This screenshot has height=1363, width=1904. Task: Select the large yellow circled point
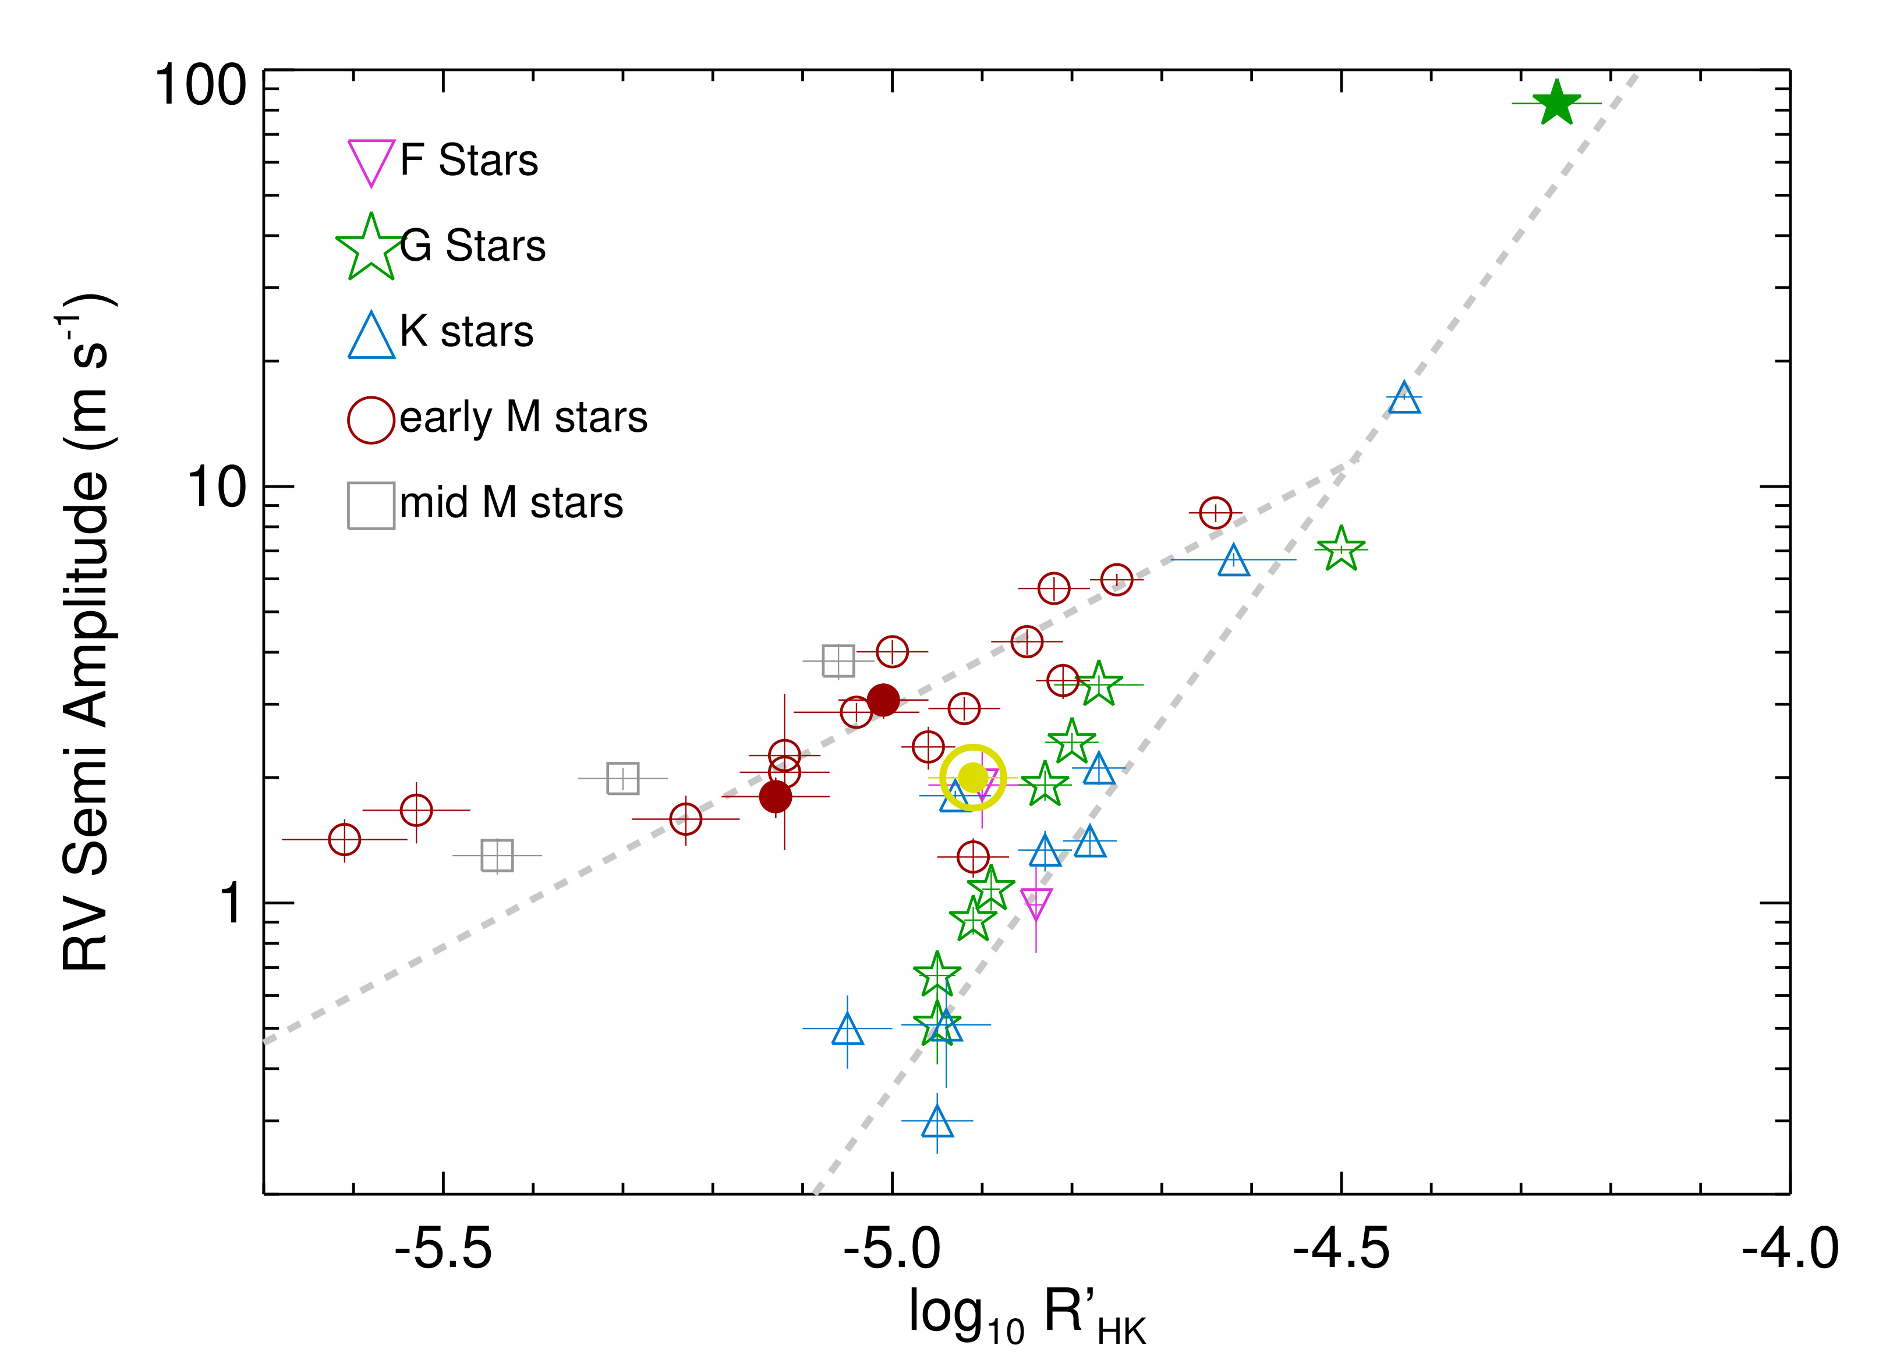[x=972, y=777]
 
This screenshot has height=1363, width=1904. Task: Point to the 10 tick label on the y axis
[x=217, y=487]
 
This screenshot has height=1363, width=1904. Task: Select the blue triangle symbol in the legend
[x=371, y=336]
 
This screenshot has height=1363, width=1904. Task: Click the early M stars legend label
[x=523, y=417]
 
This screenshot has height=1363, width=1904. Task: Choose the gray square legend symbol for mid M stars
[x=371, y=505]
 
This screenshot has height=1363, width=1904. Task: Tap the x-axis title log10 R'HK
[x=1026, y=1314]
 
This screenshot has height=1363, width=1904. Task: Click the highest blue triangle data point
[x=1404, y=399]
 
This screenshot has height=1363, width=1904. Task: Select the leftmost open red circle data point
[x=344, y=839]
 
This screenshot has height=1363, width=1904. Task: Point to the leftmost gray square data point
[x=497, y=856]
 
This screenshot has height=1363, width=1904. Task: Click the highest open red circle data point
[x=1215, y=512]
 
